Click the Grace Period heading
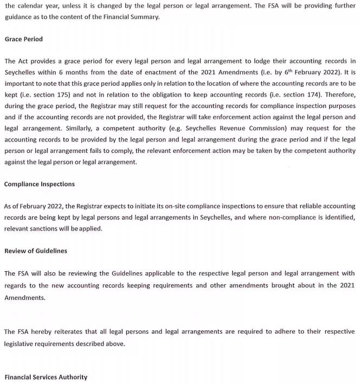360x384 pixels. coord(23,39)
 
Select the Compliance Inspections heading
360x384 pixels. coord(40,184)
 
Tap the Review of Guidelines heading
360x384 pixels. coord(36,251)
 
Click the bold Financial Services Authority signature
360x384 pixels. coord(46,377)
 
